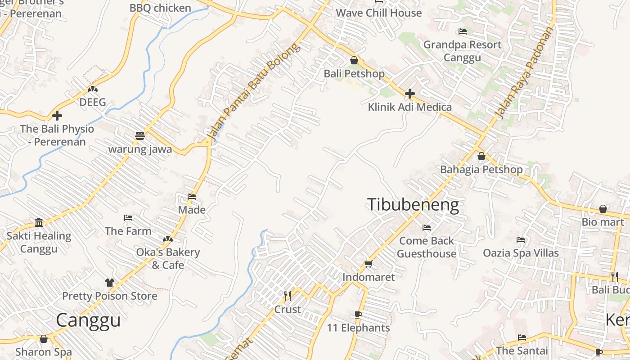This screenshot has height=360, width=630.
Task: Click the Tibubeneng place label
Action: (x=413, y=205)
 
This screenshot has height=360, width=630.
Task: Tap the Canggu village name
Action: (x=88, y=320)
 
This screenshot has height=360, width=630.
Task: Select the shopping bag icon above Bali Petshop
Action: (x=354, y=60)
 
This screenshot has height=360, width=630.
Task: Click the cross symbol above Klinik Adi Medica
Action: (x=409, y=94)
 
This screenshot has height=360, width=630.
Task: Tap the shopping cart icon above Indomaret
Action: (x=368, y=264)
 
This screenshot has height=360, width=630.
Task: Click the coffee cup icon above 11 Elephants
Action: (x=358, y=315)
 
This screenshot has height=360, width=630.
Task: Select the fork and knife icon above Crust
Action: (x=288, y=296)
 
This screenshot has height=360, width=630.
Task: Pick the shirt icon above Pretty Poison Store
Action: (x=110, y=283)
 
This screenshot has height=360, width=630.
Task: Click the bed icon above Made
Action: (x=192, y=197)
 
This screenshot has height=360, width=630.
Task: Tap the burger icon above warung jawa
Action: (x=140, y=135)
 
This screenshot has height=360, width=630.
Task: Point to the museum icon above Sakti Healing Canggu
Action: (x=39, y=222)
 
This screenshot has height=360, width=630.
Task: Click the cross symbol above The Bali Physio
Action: (x=57, y=116)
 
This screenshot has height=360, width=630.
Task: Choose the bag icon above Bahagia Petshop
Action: (x=481, y=157)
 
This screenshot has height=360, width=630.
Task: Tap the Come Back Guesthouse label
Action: (x=427, y=247)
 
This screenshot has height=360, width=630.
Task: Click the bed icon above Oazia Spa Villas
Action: (x=521, y=240)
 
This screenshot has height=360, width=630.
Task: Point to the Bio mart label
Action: (x=603, y=222)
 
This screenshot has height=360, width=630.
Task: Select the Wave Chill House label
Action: (x=379, y=13)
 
